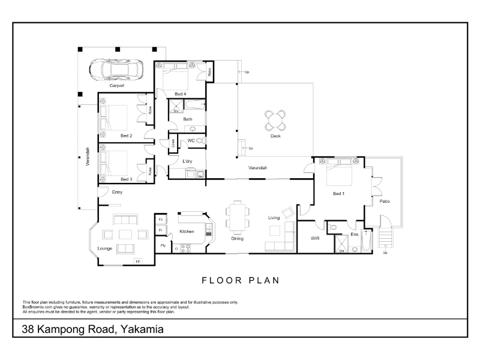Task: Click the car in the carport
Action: click(116, 70)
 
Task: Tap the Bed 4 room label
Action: click(181, 94)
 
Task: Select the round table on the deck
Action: click(275, 120)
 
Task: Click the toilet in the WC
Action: click(200, 140)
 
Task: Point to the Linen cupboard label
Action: click(173, 143)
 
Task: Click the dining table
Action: click(237, 217)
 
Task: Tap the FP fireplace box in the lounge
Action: click(138, 262)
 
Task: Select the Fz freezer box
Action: click(161, 220)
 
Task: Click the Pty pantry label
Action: click(163, 245)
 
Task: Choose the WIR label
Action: click(315, 238)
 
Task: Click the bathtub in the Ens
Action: click(367, 241)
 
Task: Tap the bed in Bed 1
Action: click(339, 172)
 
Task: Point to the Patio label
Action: click(385, 201)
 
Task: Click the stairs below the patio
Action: click(385, 238)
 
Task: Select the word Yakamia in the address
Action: click(142, 329)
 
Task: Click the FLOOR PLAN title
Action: click(241, 280)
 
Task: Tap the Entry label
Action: click(117, 192)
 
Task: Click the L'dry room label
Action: click(187, 161)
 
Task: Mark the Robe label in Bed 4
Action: click(209, 72)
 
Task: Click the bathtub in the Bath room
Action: click(195, 104)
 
